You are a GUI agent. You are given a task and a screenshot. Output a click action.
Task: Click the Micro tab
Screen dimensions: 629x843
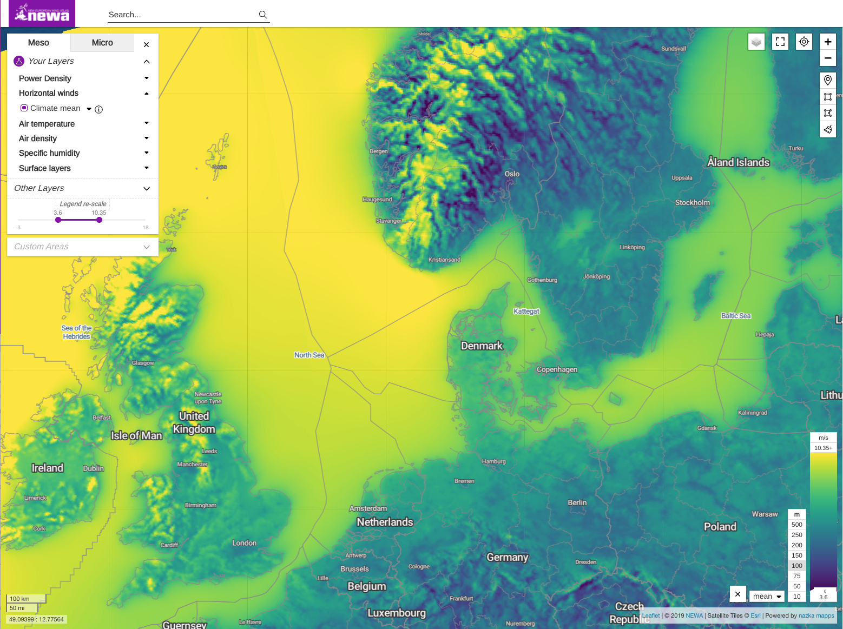click(102, 43)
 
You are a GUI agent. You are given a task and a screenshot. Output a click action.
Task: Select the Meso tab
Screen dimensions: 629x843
click(38, 43)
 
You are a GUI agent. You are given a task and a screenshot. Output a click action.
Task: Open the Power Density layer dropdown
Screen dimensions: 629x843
click(146, 78)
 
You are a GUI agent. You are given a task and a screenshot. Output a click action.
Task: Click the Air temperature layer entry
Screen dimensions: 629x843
click(47, 124)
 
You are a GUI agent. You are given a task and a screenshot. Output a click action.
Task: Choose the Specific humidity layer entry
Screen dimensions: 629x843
click(49, 153)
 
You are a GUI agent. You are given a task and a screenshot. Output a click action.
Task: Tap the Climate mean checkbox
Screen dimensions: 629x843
click(24, 108)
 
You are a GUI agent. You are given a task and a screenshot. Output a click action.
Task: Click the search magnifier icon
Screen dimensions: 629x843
click(263, 15)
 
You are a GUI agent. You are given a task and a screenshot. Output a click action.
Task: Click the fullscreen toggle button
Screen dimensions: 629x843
click(780, 42)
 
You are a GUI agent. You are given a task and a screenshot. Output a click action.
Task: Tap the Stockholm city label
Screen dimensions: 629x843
click(692, 203)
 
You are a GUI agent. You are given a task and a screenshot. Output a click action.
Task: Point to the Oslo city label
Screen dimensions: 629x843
click(512, 174)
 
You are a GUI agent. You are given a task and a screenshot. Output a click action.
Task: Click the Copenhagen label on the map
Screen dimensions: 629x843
click(557, 369)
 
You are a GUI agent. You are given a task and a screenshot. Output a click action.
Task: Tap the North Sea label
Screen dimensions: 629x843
click(309, 355)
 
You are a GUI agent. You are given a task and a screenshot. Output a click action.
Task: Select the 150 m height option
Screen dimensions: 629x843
click(796, 555)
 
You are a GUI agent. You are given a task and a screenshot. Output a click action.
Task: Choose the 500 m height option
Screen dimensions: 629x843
click(796, 525)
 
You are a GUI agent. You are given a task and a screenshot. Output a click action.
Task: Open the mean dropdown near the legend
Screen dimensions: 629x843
click(767, 596)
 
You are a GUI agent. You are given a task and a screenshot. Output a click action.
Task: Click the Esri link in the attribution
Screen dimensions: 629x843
click(755, 615)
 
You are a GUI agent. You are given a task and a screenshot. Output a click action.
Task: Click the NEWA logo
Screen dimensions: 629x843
click(42, 14)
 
